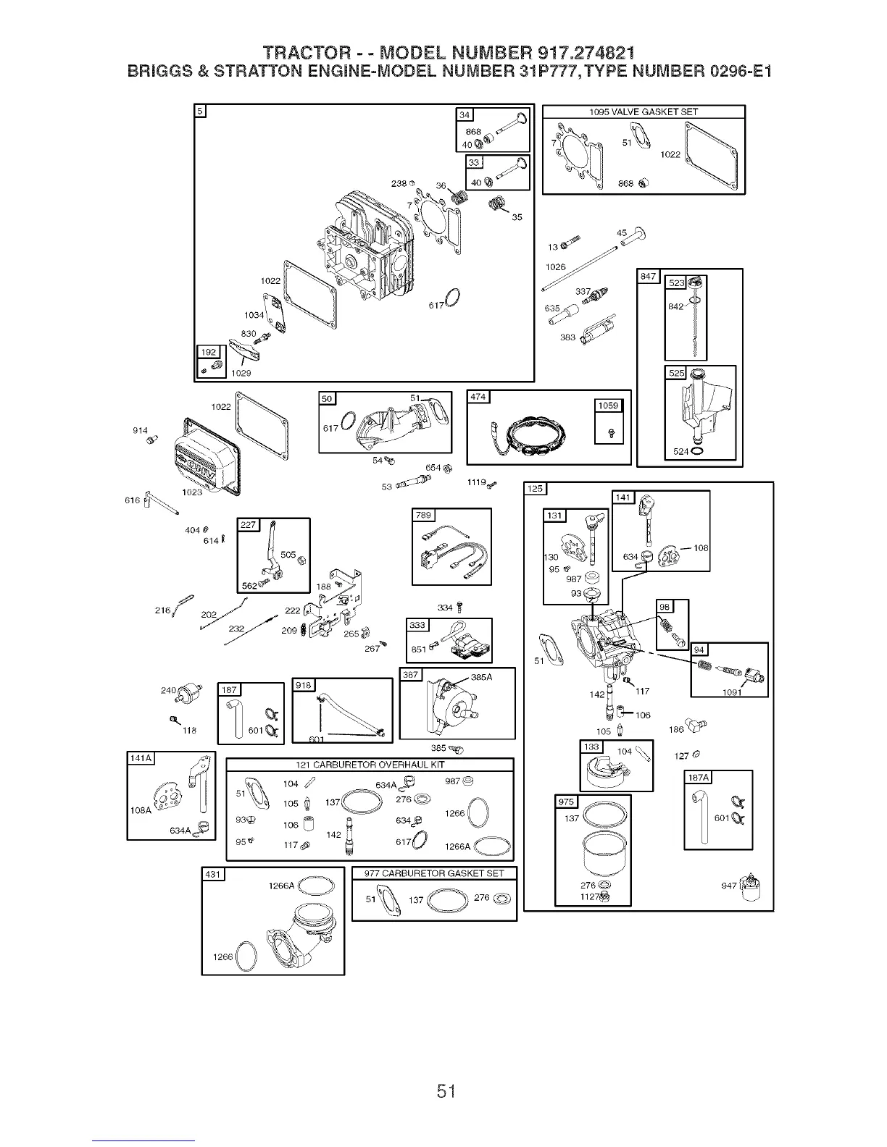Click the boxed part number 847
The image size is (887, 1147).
[646, 277]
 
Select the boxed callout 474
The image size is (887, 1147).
[478, 396]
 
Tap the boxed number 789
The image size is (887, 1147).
[422, 515]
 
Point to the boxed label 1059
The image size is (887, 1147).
[608, 406]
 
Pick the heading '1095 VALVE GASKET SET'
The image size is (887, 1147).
[644, 112]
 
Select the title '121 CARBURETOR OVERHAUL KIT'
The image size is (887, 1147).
[370, 765]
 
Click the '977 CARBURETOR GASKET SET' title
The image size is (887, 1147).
[433, 873]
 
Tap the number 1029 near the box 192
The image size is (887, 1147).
[240, 373]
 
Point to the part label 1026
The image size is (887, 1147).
[555, 267]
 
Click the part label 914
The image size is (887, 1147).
[141, 431]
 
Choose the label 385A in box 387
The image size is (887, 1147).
[481, 678]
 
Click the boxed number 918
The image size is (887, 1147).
[302, 685]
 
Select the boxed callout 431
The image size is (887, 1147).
[212, 874]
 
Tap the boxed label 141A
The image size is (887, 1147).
[139, 758]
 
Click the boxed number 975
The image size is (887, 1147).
[565, 801]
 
